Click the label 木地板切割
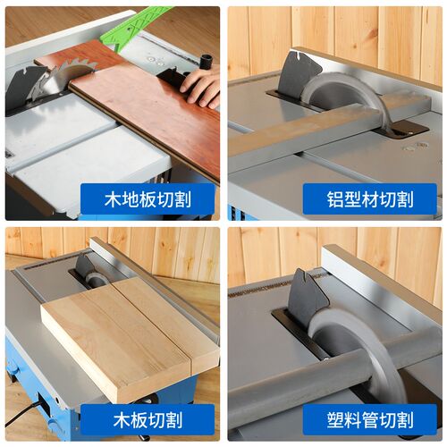pos(148,199)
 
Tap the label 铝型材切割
pos(370,199)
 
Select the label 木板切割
pos(148,420)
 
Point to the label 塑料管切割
pos(370,420)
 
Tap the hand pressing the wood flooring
pos(200,89)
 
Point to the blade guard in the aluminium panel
pos(299,74)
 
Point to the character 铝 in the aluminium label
pos(335,199)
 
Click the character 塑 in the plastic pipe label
pos(335,420)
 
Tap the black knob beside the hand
pos(208,60)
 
